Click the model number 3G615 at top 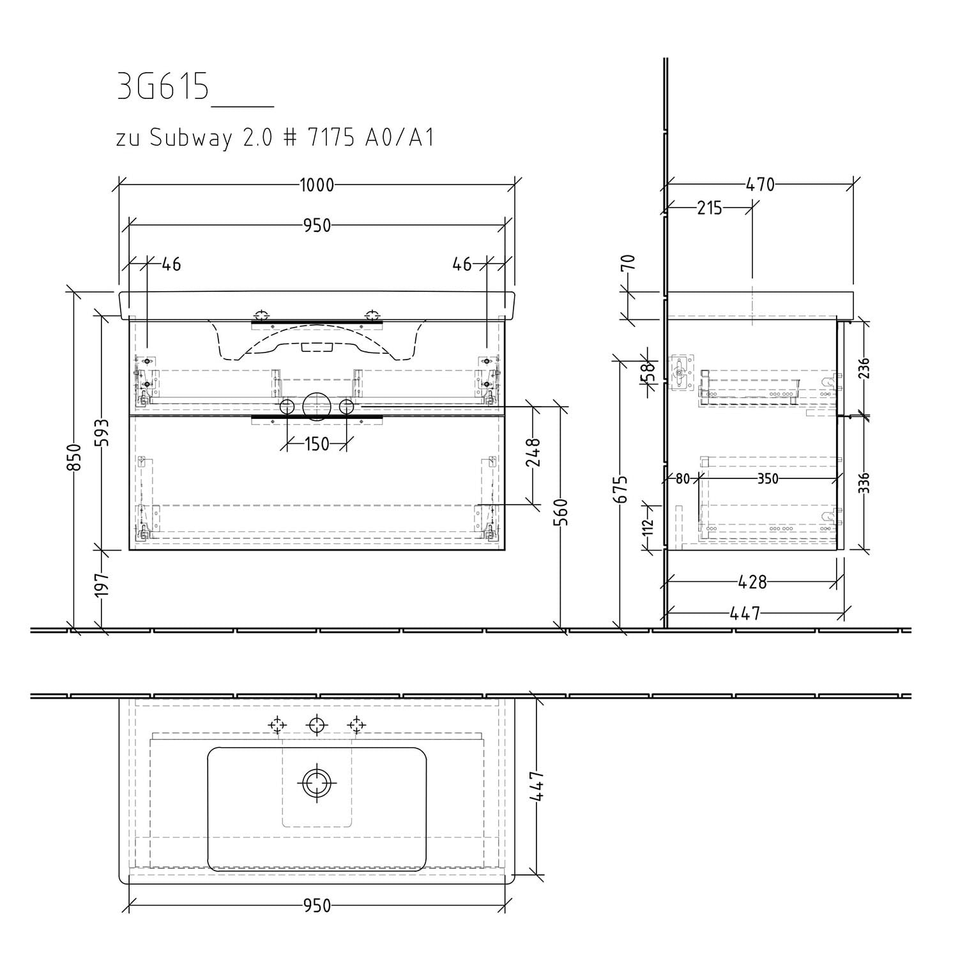click(163, 87)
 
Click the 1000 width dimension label click(317, 185)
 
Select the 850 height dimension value click(76, 457)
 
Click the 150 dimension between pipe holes click(317, 443)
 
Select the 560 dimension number click(561, 512)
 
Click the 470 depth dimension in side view click(760, 185)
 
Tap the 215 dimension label click(710, 208)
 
